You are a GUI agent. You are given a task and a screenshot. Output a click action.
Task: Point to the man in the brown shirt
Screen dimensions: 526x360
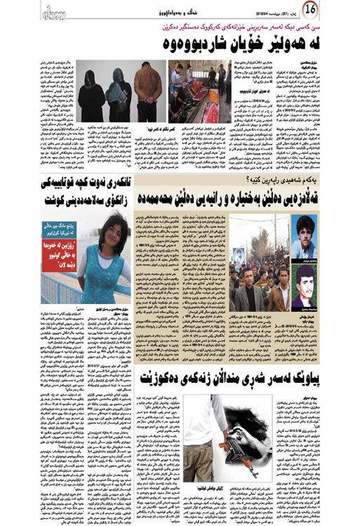148,90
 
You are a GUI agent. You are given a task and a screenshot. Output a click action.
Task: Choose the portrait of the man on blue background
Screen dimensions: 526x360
303,238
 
